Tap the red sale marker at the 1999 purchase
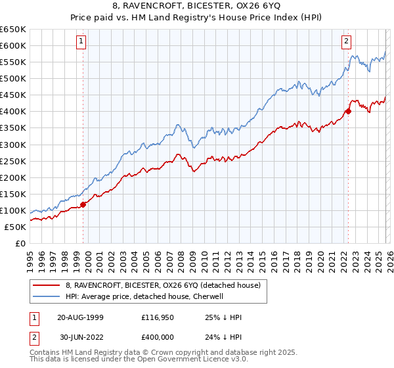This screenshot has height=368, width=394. coord(83,204)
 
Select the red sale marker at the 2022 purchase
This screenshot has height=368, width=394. coord(348,111)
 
